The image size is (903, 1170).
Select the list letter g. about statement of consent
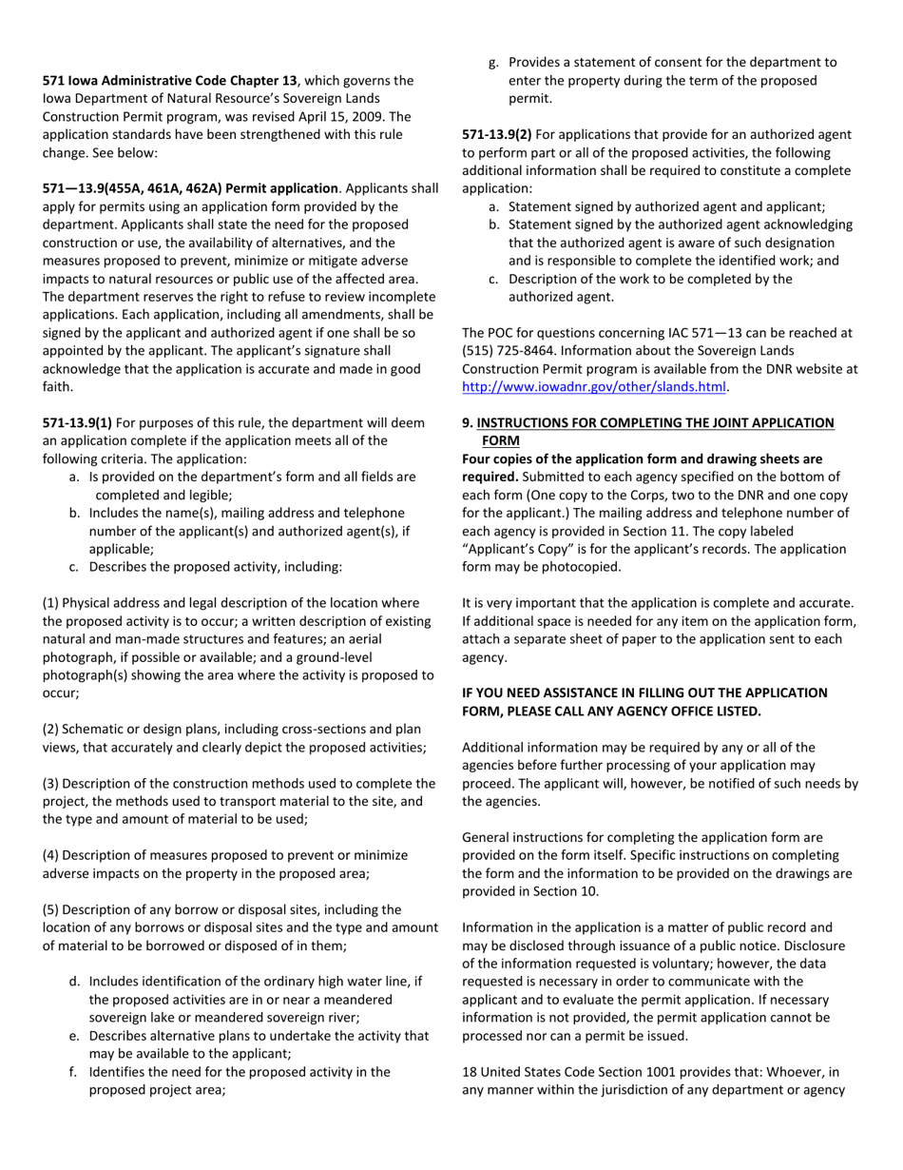click(493, 63)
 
